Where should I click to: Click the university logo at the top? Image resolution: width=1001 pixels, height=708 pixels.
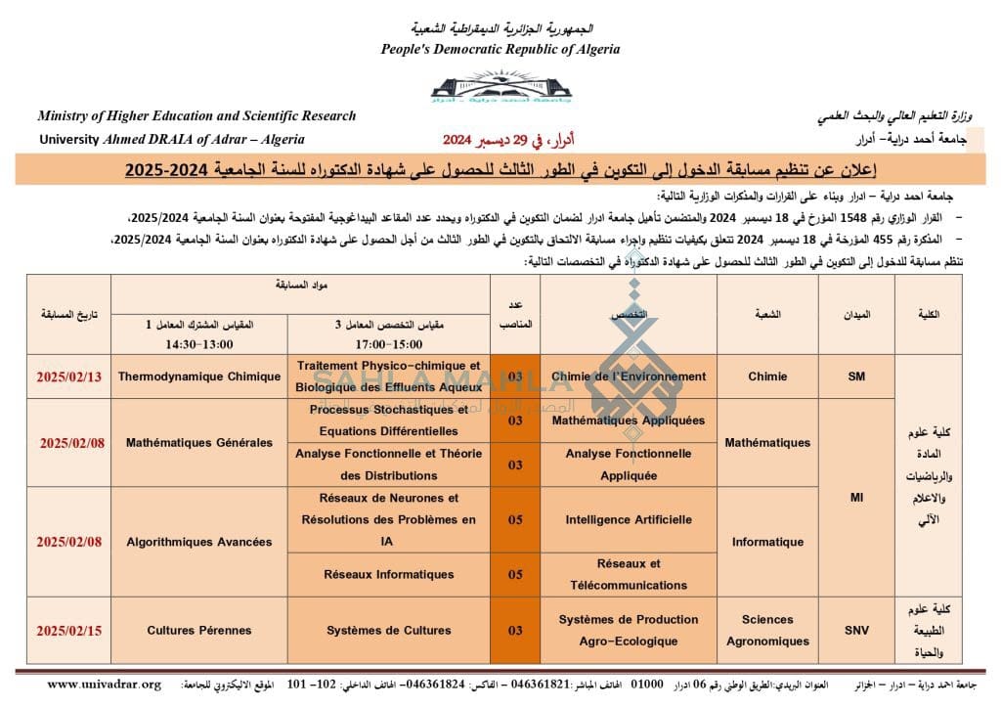pos(500,87)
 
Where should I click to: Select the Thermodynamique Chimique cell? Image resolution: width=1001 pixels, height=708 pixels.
pos(199,376)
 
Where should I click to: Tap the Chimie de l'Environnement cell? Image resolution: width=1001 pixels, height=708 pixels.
pos(628,376)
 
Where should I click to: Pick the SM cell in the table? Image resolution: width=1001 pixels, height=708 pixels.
pos(856,376)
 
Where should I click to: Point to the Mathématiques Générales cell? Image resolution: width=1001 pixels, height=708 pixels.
pos(199,443)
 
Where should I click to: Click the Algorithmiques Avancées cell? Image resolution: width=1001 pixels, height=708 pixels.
pos(199,542)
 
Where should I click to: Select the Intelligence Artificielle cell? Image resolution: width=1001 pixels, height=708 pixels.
pos(628,519)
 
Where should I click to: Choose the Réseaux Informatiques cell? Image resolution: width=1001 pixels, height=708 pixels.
pos(388,574)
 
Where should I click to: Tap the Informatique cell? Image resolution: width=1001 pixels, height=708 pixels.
pos(767,542)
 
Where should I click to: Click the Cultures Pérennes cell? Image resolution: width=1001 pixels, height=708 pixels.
pos(199,631)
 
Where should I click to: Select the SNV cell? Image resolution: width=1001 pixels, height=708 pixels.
pos(856,631)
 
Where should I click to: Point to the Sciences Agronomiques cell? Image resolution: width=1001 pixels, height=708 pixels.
pos(767,631)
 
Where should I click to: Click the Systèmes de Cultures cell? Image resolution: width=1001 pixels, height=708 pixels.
pos(388,631)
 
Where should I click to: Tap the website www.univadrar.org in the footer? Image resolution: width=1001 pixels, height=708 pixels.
pos(104,684)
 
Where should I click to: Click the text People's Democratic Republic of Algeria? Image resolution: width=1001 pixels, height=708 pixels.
pos(500,49)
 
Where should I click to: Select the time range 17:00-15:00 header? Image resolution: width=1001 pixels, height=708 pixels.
pos(388,345)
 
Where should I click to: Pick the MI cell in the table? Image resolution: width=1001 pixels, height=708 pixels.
pos(856,498)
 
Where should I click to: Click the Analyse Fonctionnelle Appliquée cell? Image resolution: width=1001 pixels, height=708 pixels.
pos(628,465)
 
